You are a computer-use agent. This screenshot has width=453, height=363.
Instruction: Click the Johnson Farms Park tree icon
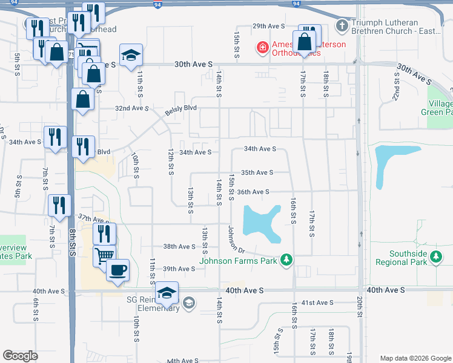286,261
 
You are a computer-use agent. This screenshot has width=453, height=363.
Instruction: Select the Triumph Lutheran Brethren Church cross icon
342,26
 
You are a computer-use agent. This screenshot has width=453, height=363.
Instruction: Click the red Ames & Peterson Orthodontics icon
262,47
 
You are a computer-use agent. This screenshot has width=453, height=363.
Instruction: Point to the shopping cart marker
104,255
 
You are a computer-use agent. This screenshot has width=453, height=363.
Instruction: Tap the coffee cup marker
117,269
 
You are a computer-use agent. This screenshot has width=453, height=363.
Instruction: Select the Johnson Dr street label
236,240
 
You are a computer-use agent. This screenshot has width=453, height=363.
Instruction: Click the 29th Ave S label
268,26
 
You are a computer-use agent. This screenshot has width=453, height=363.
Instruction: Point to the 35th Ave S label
257,172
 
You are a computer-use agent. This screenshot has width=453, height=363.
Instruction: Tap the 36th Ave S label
253,192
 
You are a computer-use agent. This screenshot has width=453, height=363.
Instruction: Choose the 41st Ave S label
317,302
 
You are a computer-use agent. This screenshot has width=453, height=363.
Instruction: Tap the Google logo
21,355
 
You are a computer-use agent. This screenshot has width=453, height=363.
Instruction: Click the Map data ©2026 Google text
415,358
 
